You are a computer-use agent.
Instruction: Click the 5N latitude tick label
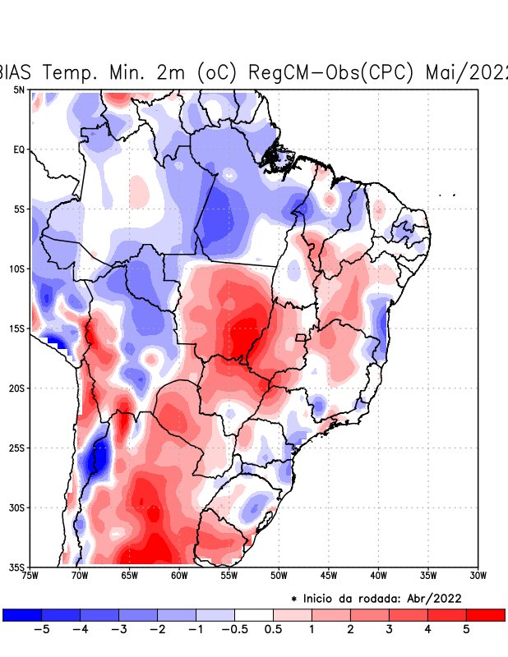click(19, 90)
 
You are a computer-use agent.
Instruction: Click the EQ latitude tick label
click(19, 149)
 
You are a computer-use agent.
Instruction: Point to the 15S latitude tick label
click(17, 328)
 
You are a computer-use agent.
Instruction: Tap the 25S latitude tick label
click(17, 448)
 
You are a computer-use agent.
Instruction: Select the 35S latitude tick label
click(17, 567)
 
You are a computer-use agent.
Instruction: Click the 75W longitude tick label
click(31, 575)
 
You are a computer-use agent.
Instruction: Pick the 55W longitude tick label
click(229, 575)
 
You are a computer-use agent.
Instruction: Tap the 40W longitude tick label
click(378, 575)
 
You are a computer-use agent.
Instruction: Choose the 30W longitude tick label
click(478, 575)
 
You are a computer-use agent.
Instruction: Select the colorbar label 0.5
click(274, 629)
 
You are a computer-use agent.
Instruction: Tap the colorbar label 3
click(390, 629)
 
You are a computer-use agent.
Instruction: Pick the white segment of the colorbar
click(254, 614)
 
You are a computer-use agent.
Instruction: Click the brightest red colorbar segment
click(485, 614)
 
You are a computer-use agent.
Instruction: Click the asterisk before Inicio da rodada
click(294, 599)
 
